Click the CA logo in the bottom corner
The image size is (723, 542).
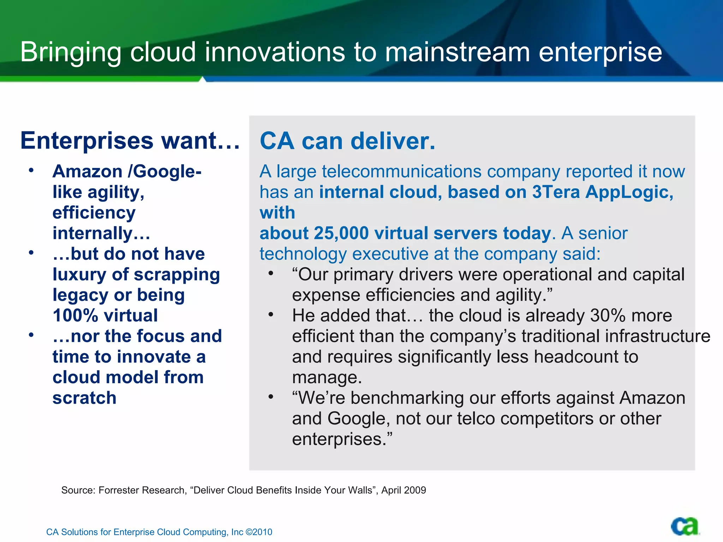tap(684, 526)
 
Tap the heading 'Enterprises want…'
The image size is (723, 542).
tap(130, 140)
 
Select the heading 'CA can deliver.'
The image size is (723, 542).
tap(347, 141)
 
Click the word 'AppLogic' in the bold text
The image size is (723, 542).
tap(629, 192)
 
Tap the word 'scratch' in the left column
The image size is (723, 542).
tap(84, 398)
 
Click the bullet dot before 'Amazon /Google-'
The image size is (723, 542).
tap(31, 171)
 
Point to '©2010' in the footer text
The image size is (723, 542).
tap(259, 532)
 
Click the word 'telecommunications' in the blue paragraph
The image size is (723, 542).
tap(402, 171)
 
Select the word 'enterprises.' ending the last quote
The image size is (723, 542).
tap(342, 439)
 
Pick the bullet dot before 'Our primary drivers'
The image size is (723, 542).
tap(271, 273)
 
